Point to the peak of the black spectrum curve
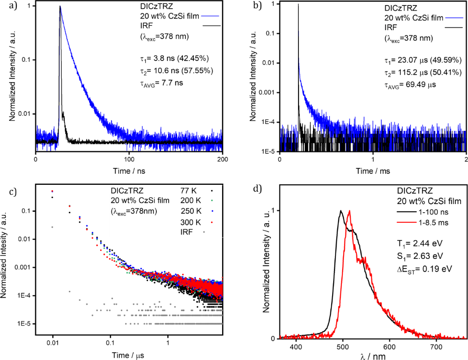340,211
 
